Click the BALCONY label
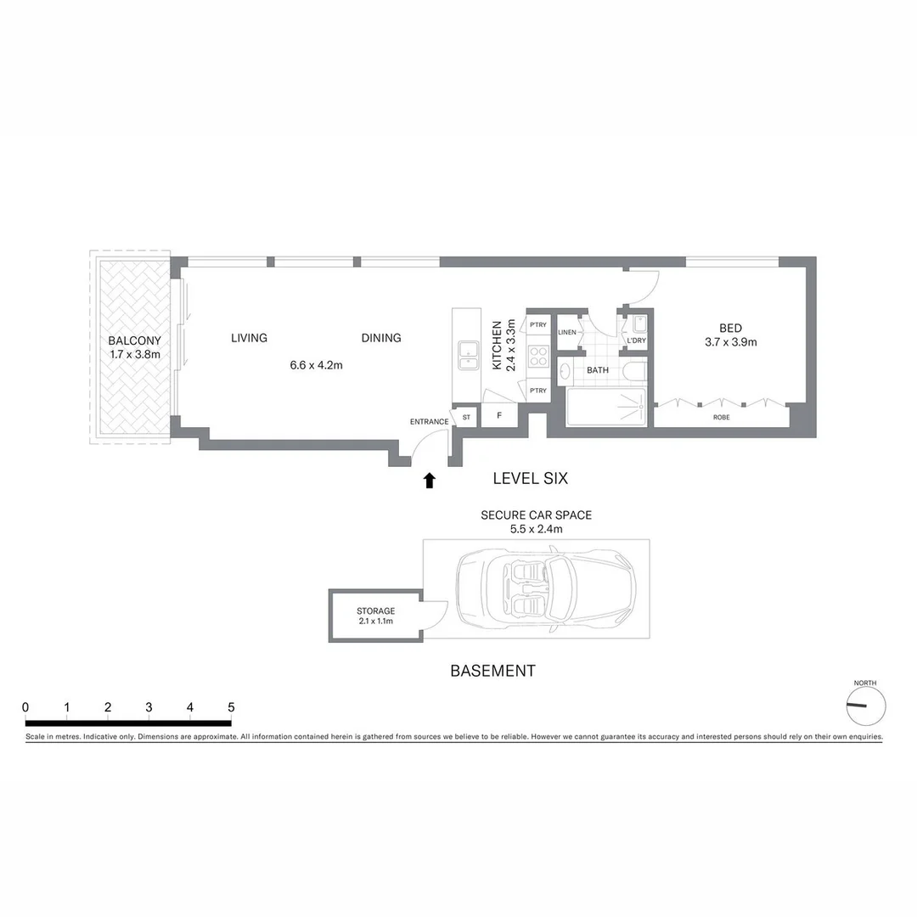click(134, 341)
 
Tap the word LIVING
click(249, 338)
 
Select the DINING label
click(381, 338)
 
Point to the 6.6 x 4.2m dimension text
click(316, 365)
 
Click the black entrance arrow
click(430, 481)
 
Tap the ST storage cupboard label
click(466, 417)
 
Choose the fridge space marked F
click(500, 416)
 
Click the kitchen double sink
click(466, 355)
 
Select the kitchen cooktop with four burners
click(537, 356)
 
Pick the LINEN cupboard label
click(567, 332)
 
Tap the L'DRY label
click(636, 341)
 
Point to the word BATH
click(598, 370)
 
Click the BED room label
click(730, 329)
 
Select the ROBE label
click(722, 418)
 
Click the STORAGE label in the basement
click(375, 610)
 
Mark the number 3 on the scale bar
click(149, 707)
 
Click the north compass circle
click(866, 706)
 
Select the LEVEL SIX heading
click(531, 479)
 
